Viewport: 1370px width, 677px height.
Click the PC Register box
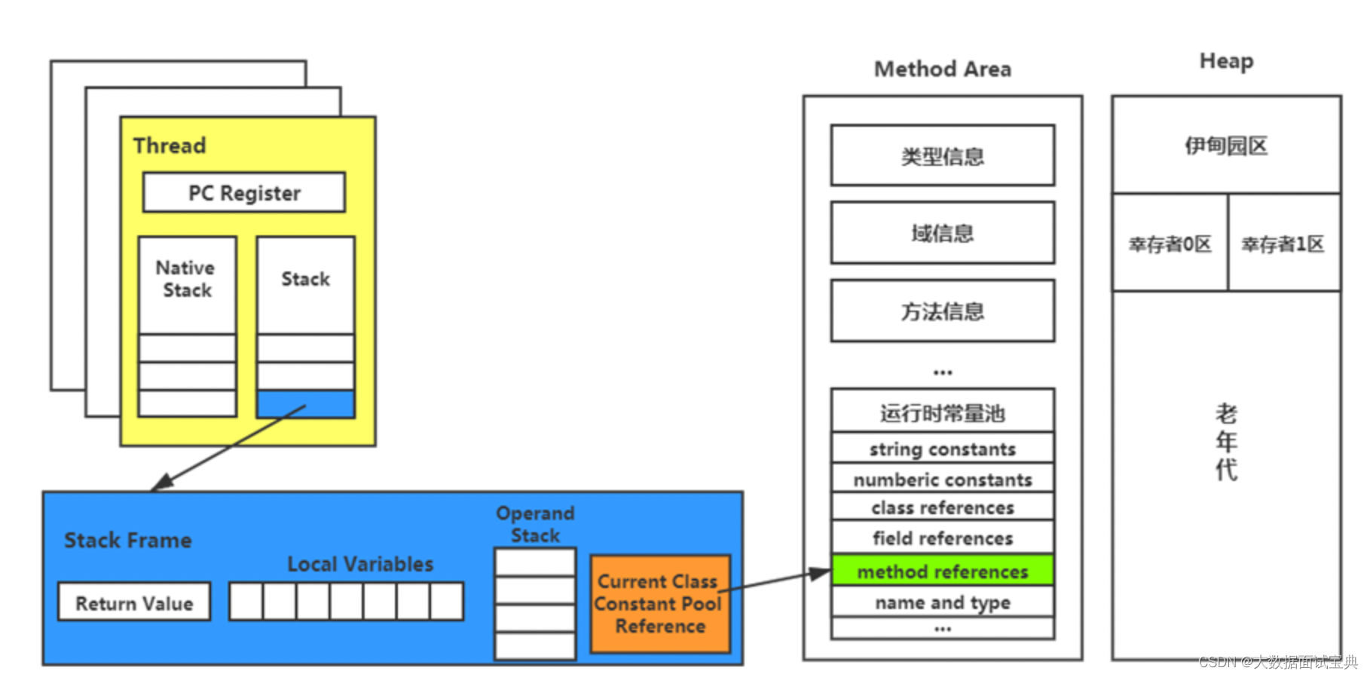click(x=244, y=193)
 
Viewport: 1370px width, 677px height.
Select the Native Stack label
click(x=186, y=279)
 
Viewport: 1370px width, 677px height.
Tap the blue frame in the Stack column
click(x=305, y=405)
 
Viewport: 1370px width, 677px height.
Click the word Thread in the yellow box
click(x=170, y=146)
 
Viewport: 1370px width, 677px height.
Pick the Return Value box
click(x=134, y=603)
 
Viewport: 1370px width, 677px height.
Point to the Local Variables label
click(x=360, y=564)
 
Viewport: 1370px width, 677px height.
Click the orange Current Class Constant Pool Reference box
click(x=659, y=604)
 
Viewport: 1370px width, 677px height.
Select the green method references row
click(x=942, y=571)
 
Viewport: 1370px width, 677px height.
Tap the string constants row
click(x=942, y=449)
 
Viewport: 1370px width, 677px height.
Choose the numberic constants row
click(x=942, y=479)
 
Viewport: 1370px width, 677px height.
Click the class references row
click(x=942, y=508)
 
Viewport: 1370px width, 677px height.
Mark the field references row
click(x=942, y=538)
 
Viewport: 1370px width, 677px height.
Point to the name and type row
click(x=942, y=602)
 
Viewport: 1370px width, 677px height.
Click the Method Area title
click(x=942, y=69)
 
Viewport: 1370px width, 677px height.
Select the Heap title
click(x=1226, y=61)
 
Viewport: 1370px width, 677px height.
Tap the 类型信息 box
click(x=942, y=156)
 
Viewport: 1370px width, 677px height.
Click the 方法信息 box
click(x=942, y=311)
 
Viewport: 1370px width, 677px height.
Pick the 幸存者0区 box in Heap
click(x=1170, y=244)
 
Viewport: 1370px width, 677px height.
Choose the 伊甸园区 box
click(x=1226, y=146)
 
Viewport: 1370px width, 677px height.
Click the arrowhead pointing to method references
click(x=821, y=574)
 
